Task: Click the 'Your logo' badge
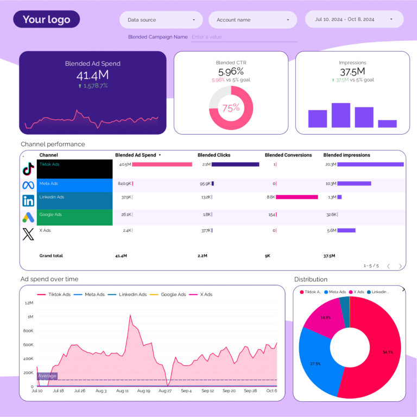[x=46, y=20]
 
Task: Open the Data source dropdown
[x=161, y=20]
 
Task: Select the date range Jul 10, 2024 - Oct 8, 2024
[x=354, y=19]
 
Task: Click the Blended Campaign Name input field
[x=243, y=37]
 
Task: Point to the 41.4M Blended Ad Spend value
[x=92, y=75]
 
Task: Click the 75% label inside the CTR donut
[x=231, y=108]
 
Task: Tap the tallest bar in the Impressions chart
[x=341, y=115]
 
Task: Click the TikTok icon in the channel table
[x=28, y=169]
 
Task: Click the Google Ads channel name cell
[x=74, y=217]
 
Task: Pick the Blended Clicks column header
[x=214, y=155]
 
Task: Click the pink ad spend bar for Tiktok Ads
[x=162, y=165]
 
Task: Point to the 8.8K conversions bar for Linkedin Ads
[x=296, y=197]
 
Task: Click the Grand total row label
[x=51, y=255]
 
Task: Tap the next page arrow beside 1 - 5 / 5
[x=401, y=266]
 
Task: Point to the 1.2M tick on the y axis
[x=29, y=302]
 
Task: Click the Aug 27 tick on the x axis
[x=165, y=390]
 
